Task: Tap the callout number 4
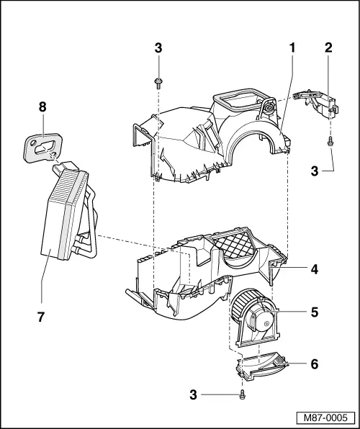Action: click(x=314, y=270)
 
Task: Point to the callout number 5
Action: click(x=314, y=313)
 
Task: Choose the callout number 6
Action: click(x=314, y=363)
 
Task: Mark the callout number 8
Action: click(x=42, y=107)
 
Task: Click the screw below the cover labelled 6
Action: click(x=243, y=394)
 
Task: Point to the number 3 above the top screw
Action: click(x=157, y=48)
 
